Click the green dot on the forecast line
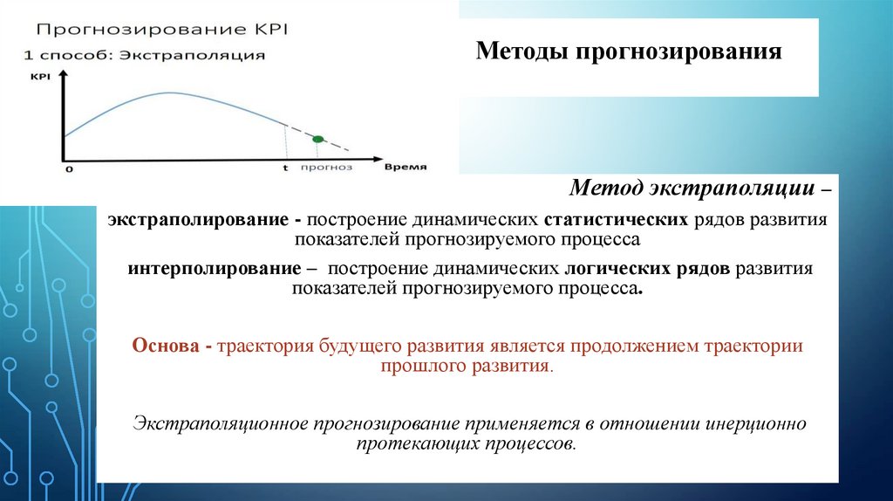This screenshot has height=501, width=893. [317, 139]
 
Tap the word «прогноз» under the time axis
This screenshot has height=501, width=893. [326, 167]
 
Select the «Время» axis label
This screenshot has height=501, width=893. [406, 167]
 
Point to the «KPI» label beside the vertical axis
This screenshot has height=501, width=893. [40, 77]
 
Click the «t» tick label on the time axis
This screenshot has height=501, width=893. [285, 168]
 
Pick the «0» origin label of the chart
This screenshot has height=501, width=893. [70, 169]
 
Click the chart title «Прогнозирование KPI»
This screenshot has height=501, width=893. [162, 30]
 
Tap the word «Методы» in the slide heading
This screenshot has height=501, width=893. [521, 51]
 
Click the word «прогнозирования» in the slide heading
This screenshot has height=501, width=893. [678, 51]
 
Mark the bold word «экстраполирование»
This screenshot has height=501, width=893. [198, 220]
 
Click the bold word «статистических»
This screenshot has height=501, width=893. [617, 219]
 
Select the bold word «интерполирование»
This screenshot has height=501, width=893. [215, 269]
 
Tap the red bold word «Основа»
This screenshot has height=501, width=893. [166, 346]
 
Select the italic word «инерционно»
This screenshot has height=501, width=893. [756, 423]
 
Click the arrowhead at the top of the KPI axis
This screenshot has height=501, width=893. [63, 74]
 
